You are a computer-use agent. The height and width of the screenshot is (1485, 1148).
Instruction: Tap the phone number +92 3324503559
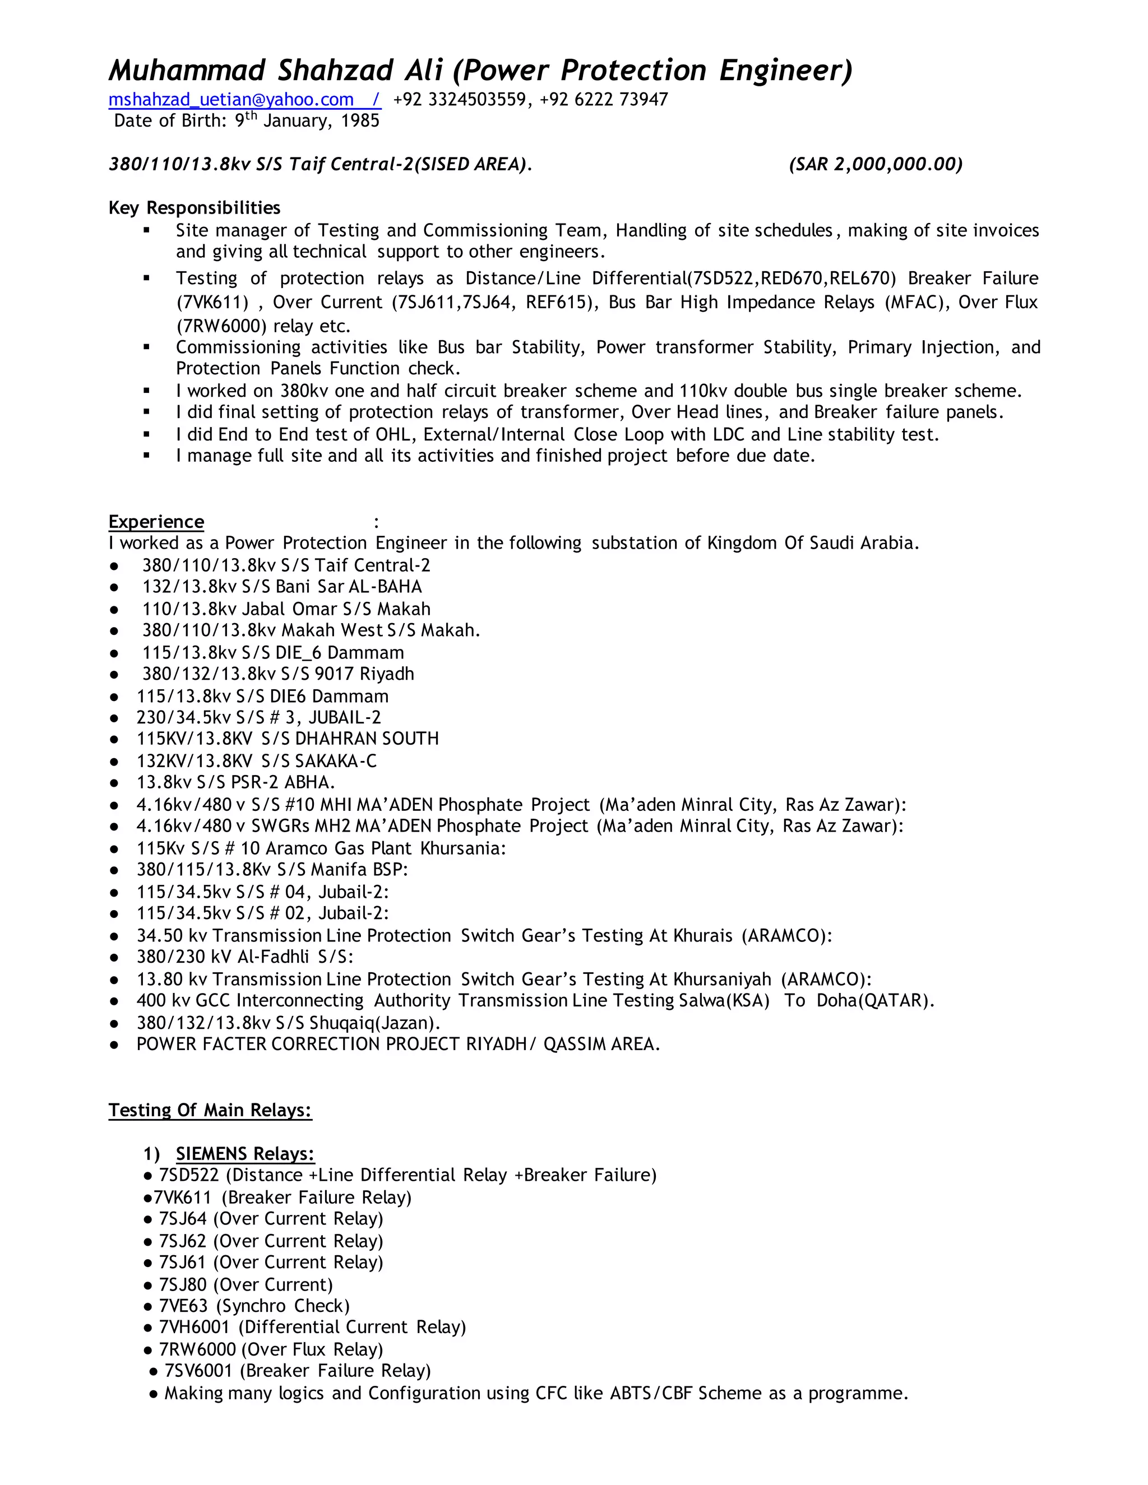[459, 100]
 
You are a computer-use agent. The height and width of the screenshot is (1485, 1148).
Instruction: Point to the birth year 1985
[360, 121]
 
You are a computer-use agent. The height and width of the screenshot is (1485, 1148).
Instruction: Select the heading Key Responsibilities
[195, 208]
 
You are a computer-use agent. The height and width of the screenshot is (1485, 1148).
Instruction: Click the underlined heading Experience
[156, 522]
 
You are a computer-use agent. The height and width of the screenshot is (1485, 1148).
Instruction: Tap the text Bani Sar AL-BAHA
[348, 587]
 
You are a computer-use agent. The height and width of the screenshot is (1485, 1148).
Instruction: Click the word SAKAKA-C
[335, 761]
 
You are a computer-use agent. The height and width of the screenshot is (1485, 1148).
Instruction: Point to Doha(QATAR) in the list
[875, 1001]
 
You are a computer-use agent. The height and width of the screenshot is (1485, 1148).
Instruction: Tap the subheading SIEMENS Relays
[245, 1154]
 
